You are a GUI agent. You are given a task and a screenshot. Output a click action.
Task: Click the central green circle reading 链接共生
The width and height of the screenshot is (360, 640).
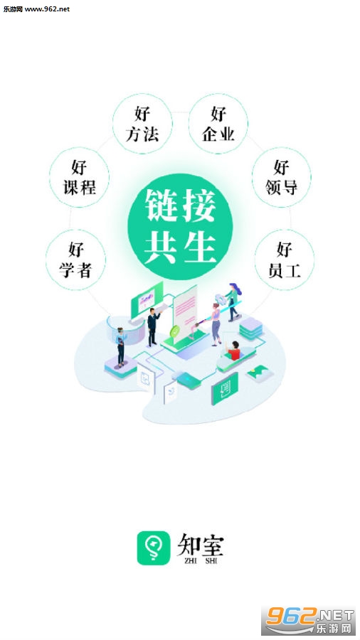point(180,227)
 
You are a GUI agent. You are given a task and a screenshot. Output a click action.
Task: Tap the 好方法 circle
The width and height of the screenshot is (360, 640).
point(142,124)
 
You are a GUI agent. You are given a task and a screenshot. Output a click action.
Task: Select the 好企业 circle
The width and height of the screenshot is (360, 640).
point(218,124)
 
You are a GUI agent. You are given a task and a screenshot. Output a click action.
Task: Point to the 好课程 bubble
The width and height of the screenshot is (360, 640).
point(79,177)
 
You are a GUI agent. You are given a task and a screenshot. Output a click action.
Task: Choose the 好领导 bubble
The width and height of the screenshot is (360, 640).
point(281,177)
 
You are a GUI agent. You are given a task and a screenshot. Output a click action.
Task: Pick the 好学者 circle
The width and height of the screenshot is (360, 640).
point(75,260)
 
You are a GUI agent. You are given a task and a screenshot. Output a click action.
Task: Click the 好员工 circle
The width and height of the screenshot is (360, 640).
point(285,260)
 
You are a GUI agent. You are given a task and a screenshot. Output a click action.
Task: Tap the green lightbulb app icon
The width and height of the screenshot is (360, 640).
point(154,548)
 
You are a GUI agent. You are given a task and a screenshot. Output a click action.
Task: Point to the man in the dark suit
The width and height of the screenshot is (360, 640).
point(153,327)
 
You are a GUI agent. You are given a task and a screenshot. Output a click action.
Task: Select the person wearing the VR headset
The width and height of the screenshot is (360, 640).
point(120,347)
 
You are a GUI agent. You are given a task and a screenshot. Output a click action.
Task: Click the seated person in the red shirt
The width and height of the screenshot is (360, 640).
point(234,351)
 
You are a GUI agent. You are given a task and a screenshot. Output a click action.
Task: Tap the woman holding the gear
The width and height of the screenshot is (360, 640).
point(233,302)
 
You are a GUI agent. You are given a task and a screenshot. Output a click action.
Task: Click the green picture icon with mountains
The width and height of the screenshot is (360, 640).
point(260,373)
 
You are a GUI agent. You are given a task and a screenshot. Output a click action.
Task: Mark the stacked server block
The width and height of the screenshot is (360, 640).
point(250,329)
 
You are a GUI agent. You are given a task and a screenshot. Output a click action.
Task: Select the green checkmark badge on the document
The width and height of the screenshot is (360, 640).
point(176,331)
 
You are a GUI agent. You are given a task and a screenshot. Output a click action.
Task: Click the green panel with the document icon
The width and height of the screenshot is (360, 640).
point(225,388)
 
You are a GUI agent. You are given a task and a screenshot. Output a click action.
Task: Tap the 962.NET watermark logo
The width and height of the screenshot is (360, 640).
point(309,620)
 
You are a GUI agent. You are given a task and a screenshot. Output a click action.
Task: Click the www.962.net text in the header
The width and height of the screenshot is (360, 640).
point(48,9)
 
